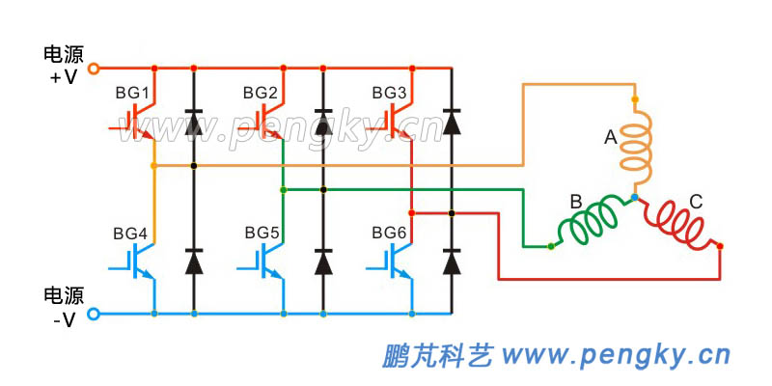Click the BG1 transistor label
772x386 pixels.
coord(132,94)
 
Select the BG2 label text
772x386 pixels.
coord(261,93)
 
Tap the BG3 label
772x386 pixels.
coord(389,93)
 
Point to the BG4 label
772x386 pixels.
coord(130,234)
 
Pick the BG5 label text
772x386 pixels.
coord(262,234)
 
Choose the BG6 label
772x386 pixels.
coord(389,234)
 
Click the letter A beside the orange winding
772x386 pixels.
coord(610,139)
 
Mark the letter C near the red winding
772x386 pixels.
coord(695,203)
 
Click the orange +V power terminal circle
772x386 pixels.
coord(94,69)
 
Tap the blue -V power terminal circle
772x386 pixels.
coord(94,314)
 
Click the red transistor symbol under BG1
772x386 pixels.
coord(138,121)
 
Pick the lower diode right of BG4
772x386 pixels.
coord(194,261)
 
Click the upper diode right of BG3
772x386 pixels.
coord(451,122)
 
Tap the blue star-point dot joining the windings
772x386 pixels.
coord(634,197)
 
